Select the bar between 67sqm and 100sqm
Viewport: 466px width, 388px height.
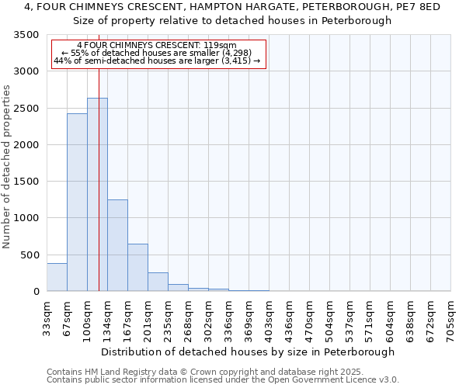tap(77, 202)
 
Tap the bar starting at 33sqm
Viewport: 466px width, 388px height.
tap(57, 277)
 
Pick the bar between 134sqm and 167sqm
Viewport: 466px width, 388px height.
tap(117, 245)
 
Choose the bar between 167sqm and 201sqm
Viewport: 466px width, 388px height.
tap(137, 268)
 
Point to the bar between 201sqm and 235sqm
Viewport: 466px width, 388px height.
tap(158, 282)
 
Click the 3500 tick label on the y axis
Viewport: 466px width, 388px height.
tap(24, 35)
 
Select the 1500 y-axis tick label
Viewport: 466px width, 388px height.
tap(24, 182)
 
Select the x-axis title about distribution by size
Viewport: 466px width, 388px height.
tap(248, 352)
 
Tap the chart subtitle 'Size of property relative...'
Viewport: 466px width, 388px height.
tap(233, 21)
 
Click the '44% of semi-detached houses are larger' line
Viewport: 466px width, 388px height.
tap(158, 61)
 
